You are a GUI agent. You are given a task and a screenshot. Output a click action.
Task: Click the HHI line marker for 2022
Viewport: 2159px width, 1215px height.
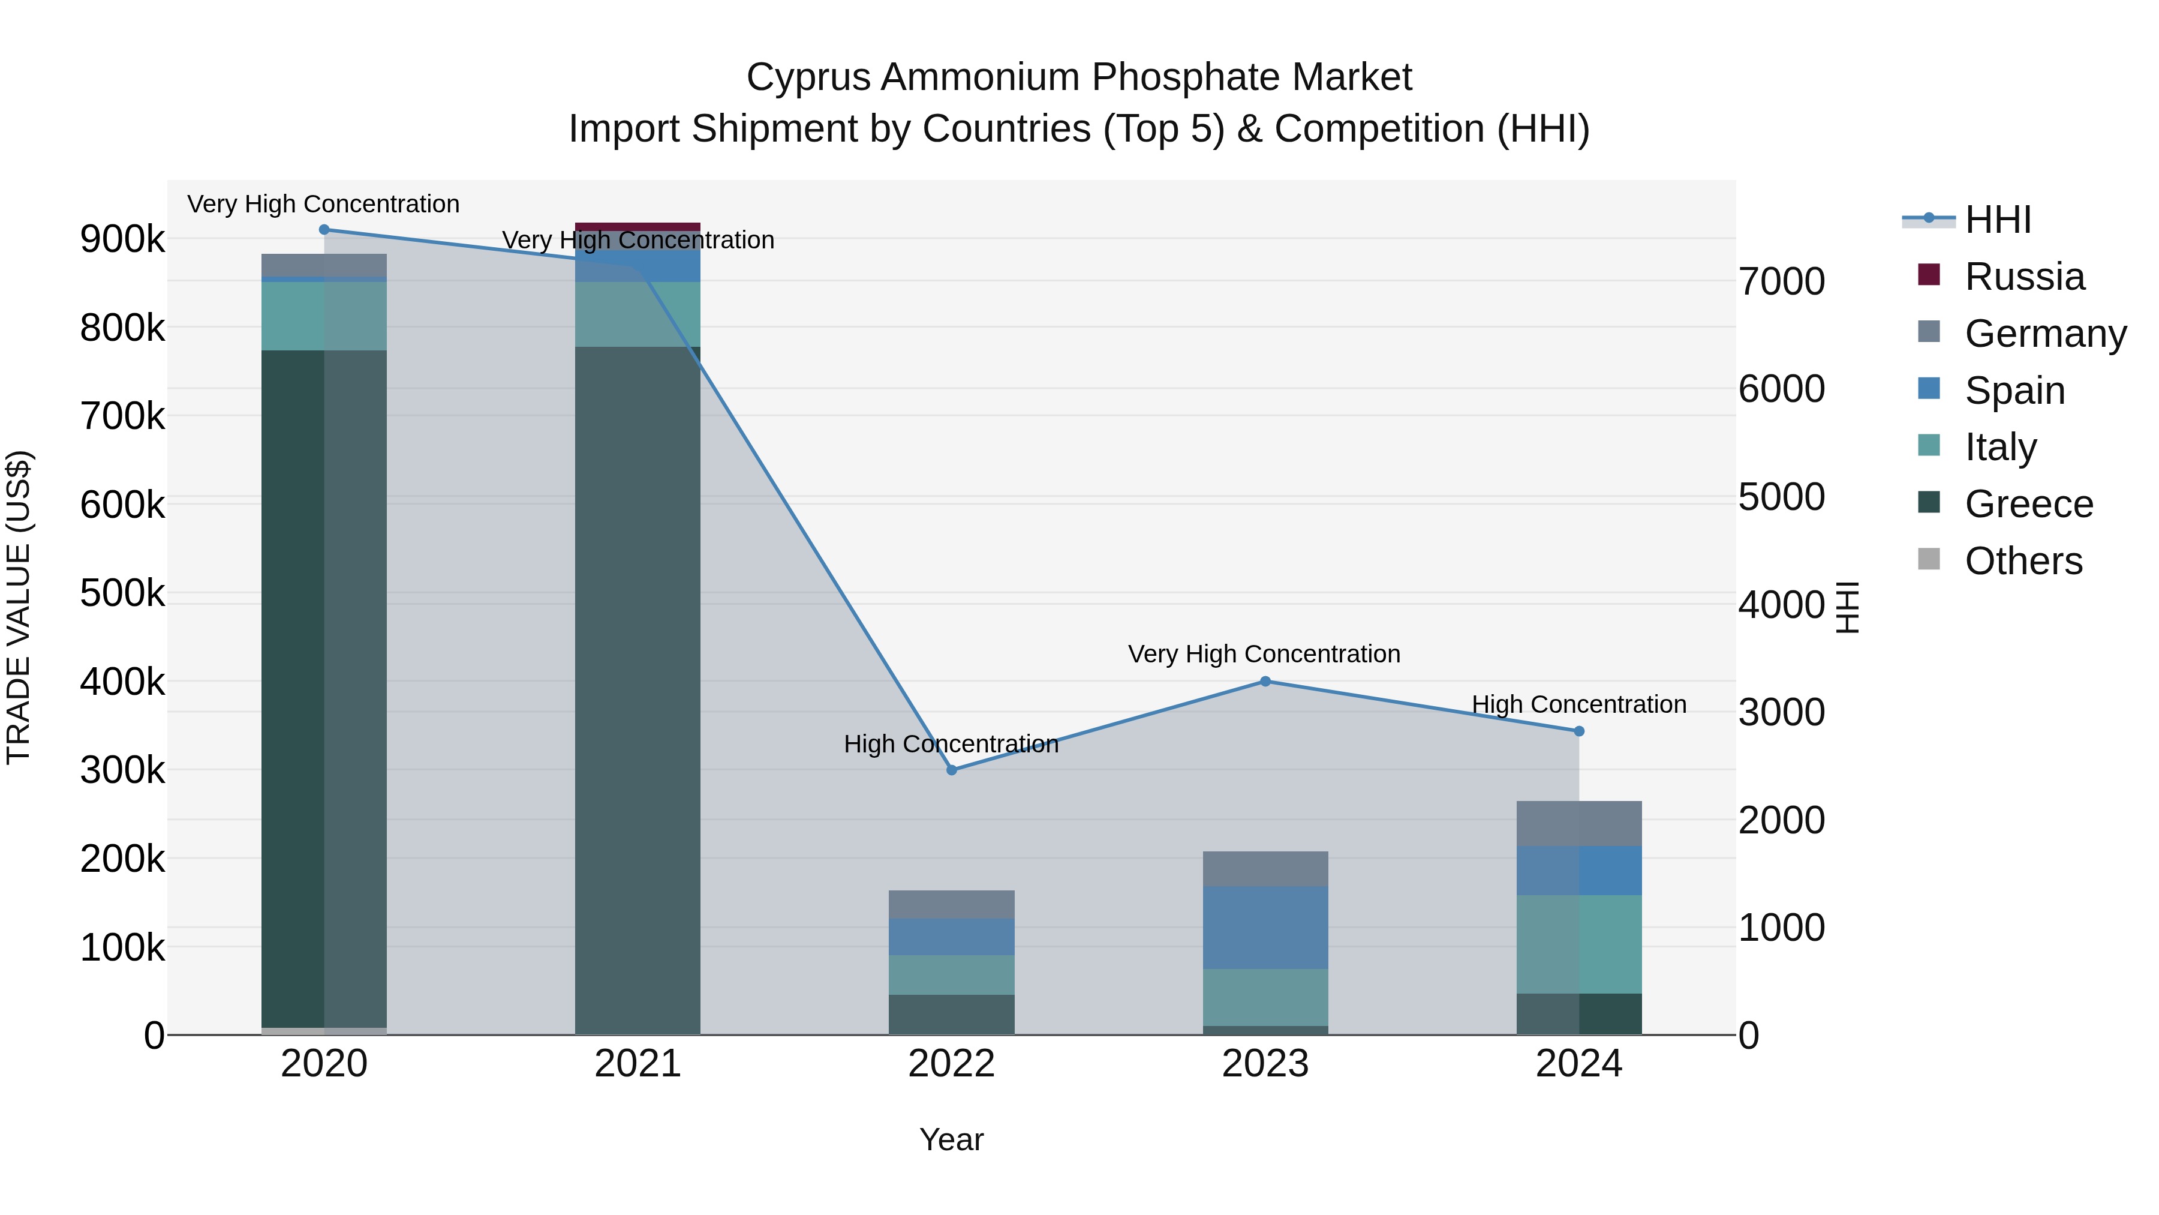pos(951,770)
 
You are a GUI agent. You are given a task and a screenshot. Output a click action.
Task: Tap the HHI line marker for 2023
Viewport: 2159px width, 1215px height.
pos(1265,682)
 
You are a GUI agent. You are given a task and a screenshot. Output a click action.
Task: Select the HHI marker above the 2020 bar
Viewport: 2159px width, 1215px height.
pos(324,230)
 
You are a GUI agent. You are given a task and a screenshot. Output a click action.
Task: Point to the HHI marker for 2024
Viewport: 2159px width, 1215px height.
pos(1579,731)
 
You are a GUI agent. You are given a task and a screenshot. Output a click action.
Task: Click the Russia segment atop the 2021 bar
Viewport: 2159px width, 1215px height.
pos(638,226)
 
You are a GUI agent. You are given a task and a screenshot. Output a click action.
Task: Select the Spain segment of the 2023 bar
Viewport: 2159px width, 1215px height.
pos(1265,928)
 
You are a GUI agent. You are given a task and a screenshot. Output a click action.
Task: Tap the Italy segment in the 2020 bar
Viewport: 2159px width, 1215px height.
pos(324,316)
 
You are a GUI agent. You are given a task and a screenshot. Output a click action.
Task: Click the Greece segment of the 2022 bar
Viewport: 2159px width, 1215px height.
pos(951,1014)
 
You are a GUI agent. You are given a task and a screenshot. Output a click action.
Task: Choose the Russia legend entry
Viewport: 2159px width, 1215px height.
pos(2024,277)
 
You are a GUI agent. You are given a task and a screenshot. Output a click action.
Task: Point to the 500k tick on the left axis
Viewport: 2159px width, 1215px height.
pos(122,593)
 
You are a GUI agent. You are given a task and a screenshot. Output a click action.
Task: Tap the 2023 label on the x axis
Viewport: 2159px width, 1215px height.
pos(1265,1064)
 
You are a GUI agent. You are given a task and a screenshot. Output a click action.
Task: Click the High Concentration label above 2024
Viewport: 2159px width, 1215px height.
pos(1579,704)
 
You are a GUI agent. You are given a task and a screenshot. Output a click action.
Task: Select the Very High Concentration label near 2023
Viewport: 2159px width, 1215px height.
pos(1264,654)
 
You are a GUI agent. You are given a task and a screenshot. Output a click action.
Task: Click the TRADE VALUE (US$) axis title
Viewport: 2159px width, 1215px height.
pos(19,607)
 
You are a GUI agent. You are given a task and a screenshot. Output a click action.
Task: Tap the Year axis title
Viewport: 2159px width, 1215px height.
pos(951,1139)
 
